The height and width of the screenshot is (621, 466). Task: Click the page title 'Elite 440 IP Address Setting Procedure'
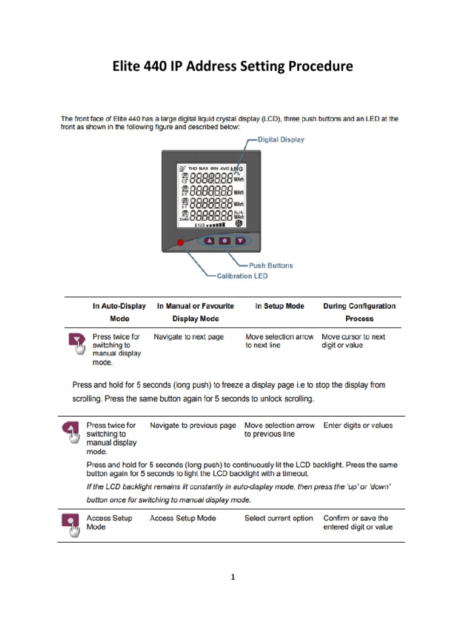pyautogui.click(x=232, y=67)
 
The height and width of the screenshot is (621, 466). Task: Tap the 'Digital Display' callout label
pyautogui.click(x=281, y=139)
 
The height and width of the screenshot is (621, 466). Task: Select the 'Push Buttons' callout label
pyautogui.click(x=271, y=265)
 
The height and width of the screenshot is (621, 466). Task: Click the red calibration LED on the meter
pyautogui.click(x=180, y=243)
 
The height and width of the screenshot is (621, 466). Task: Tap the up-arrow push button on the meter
pyautogui.click(x=209, y=240)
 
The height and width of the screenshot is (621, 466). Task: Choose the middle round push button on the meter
pyautogui.click(x=225, y=240)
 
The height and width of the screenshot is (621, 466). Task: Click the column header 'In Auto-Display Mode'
pyautogui.click(x=119, y=312)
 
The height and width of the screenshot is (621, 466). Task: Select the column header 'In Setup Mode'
pyautogui.click(x=280, y=306)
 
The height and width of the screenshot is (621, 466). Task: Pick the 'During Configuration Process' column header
pyautogui.click(x=359, y=312)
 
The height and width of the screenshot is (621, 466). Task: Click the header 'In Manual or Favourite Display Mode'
pyautogui.click(x=195, y=312)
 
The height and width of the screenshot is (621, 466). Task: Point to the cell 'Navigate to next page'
pyautogui.click(x=189, y=337)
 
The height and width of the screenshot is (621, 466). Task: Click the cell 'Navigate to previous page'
pyautogui.click(x=193, y=426)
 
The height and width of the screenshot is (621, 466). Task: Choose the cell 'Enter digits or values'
pyautogui.click(x=358, y=426)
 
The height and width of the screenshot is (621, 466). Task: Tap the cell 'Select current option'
pyautogui.click(x=279, y=519)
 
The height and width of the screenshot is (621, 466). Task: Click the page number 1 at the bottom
pyautogui.click(x=232, y=577)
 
